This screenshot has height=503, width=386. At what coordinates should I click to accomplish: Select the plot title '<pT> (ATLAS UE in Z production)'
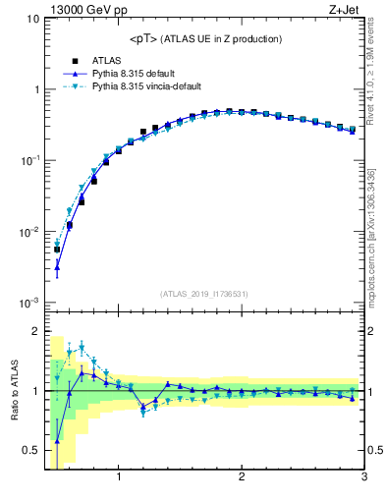[205, 39]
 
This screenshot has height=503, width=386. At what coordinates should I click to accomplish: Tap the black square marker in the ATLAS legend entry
[75, 60]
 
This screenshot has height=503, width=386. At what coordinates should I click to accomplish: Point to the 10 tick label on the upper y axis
[33, 19]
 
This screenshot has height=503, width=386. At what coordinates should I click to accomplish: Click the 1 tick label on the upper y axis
[36, 89]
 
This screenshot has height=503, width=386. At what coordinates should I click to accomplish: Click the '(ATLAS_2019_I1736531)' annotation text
[205, 294]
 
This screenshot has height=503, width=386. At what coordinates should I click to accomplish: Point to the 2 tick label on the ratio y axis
[36, 331]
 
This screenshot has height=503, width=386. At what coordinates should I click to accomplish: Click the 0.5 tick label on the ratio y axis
[31, 451]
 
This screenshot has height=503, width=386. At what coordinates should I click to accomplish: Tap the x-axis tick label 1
[119, 478]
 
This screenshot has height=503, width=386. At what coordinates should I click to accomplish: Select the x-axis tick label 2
[242, 478]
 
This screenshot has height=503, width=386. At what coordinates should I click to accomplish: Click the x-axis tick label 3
[363, 478]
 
